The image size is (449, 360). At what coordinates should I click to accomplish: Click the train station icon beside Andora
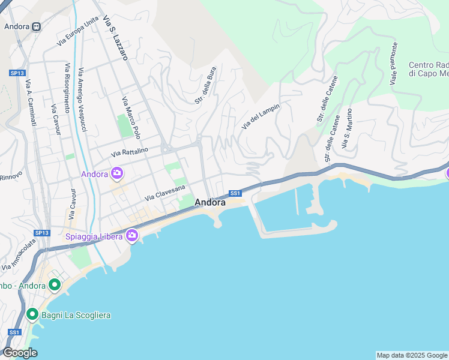36,26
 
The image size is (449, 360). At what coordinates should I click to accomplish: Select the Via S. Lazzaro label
115,37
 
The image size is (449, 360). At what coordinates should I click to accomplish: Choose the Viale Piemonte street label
394,63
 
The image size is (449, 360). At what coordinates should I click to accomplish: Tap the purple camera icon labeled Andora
116,175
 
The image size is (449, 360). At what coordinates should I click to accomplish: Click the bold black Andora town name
210,203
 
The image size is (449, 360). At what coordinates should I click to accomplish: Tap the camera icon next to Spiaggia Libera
131,236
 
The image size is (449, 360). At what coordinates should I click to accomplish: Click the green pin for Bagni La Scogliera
32,314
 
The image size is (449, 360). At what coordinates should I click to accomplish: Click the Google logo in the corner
20,353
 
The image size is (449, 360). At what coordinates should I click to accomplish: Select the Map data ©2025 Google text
412,355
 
